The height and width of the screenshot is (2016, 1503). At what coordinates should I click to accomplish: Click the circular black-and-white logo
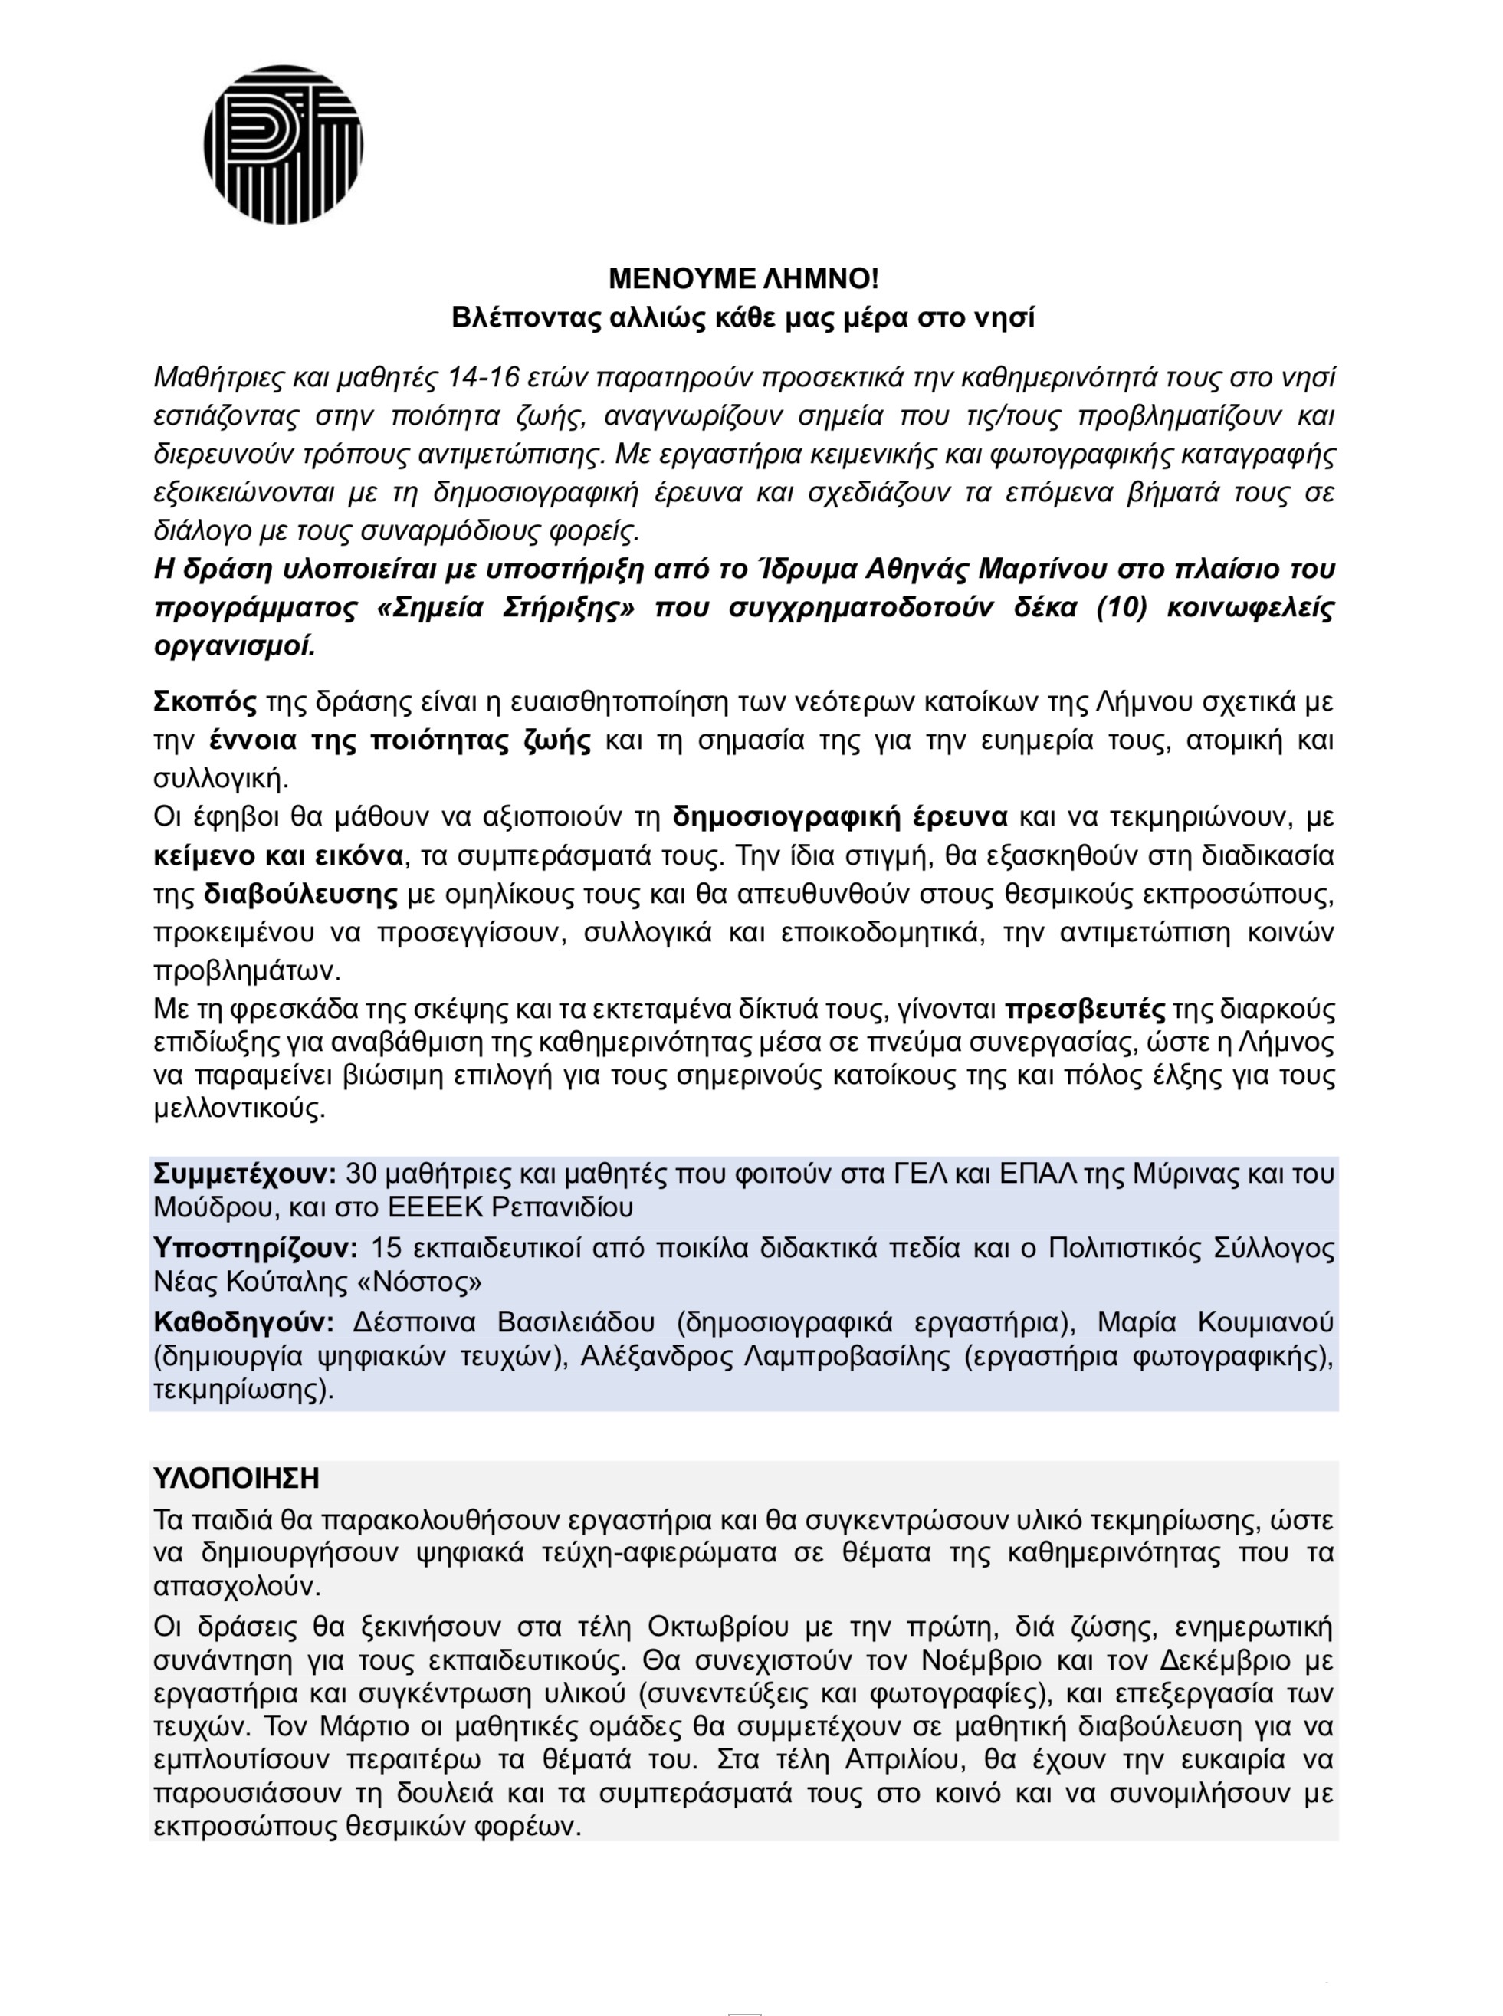click(283, 145)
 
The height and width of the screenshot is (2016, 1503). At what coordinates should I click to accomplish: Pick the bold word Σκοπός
click(205, 702)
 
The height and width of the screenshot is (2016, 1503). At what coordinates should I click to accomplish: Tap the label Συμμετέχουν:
click(246, 1174)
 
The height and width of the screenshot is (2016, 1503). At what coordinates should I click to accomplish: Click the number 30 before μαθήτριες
click(362, 1174)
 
